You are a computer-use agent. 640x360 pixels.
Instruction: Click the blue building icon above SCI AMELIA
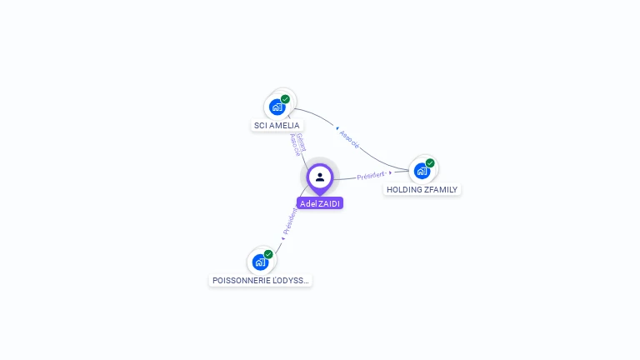tap(277, 107)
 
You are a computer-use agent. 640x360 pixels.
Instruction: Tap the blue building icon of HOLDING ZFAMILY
tap(422, 172)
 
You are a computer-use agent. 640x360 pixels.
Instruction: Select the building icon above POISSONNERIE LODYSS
tap(260, 262)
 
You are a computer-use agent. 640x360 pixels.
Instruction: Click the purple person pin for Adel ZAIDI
tap(320, 177)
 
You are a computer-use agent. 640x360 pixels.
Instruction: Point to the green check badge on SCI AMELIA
tap(285, 99)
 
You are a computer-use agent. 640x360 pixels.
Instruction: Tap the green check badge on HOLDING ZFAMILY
tap(430, 163)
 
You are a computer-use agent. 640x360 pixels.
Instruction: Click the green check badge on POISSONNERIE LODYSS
tap(268, 254)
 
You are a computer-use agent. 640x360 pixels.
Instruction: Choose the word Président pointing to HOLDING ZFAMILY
tap(371, 176)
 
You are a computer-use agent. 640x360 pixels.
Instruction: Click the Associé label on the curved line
tap(350, 138)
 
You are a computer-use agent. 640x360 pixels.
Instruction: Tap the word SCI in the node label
tap(261, 126)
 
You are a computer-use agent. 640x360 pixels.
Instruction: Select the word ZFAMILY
tap(442, 190)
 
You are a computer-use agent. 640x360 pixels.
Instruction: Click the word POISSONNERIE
tap(241, 281)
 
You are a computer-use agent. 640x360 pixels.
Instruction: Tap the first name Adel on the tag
tap(307, 203)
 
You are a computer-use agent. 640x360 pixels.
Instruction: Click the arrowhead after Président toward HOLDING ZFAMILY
tap(390, 172)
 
